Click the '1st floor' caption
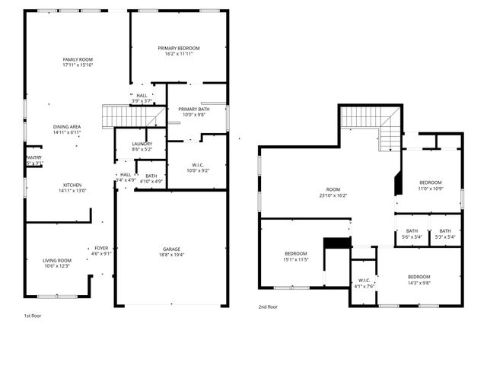[33, 314]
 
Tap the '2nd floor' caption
[267, 306]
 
